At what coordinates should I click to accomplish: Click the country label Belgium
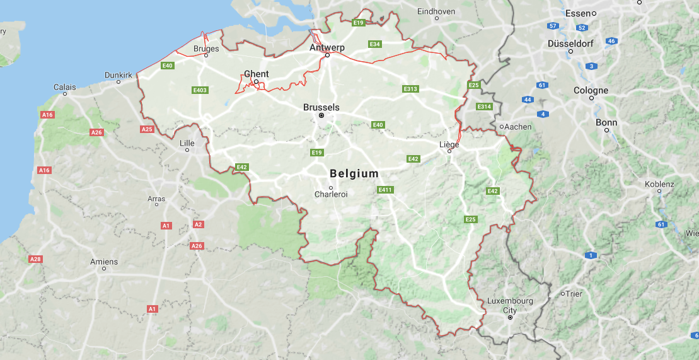[x=354, y=173]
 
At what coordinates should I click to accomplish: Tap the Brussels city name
[x=321, y=107]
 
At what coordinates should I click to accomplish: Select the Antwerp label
[x=327, y=47]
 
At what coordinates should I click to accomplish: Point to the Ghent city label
[x=256, y=74]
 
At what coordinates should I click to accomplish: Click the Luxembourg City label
[x=510, y=305]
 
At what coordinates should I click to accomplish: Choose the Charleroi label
[x=331, y=194]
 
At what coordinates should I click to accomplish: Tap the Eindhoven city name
[x=436, y=11]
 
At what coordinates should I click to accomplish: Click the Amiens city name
[x=104, y=262]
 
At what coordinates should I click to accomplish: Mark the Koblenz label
[x=659, y=184]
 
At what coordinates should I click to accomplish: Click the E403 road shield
[x=200, y=90]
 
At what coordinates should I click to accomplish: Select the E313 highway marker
[x=410, y=89]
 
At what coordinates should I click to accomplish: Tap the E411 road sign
[x=385, y=190]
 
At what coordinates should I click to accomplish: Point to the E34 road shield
[x=375, y=44]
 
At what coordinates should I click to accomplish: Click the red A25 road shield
[x=147, y=129]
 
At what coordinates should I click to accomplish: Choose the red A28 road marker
[x=35, y=259]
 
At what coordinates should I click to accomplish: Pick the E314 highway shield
[x=484, y=107]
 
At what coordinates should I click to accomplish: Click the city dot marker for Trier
[x=563, y=294]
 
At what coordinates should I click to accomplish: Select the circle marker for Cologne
[x=591, y=98]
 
